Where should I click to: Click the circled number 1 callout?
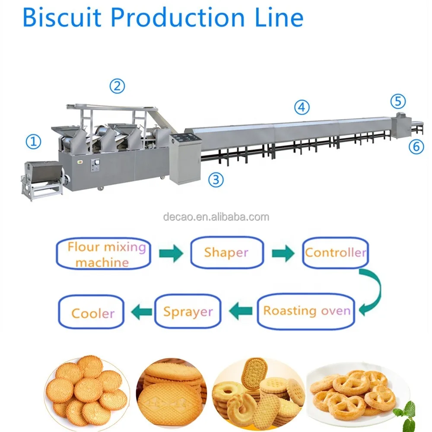pyautogui.click(x=33, y=141)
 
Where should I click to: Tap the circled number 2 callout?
pyautogui.click(x=117, y=86)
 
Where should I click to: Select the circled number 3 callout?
pyautogui.click(x=216, y=180)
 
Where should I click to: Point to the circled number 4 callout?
pyautogui.click(x=302, y=107)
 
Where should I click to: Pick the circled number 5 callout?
pyautogui.click(x=398, y=102)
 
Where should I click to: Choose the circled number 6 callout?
pyautogui.click(x=416, y=146)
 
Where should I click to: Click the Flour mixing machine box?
pyautogui.click(x=103, y=254)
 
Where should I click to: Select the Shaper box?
pyautogui.click(x=226, y=252)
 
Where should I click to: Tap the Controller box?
pyautogui.click(x=335, y=252)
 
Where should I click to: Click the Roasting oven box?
pyautogui.click(x=307, y=311)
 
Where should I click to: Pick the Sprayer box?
pyautogui.click(x=187, y=311)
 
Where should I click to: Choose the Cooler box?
pyautogui.click(x=92, y=312)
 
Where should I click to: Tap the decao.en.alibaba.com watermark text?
pyautogui.click(x=216, y=217)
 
